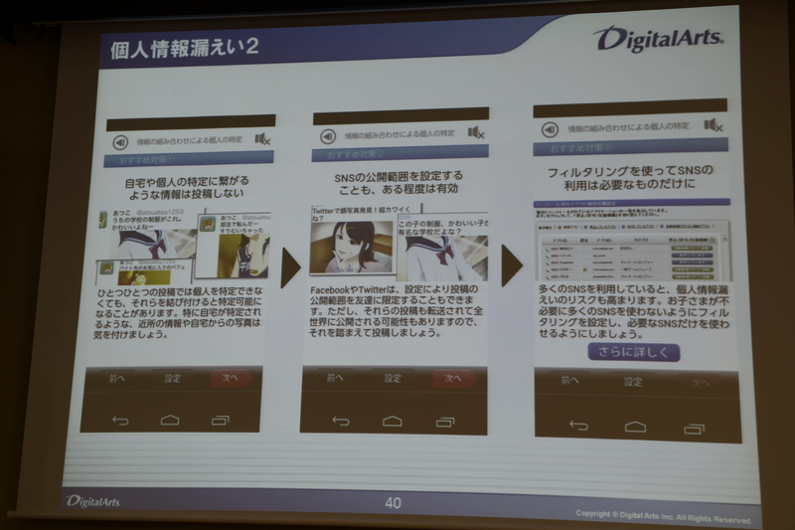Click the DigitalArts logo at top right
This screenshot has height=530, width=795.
coord(659,40)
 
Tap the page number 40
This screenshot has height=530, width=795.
coord(394,503)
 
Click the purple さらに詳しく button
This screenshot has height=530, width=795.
coord(633,352)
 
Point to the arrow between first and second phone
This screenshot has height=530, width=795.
coord(290,266)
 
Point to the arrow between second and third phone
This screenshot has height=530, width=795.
coord(511,265)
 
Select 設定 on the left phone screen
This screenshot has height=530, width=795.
coord(172,378)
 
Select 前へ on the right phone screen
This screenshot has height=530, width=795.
coord(568,381)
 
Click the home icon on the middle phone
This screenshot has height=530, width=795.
coord(393,421)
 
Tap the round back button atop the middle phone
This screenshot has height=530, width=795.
coord(327,134)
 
